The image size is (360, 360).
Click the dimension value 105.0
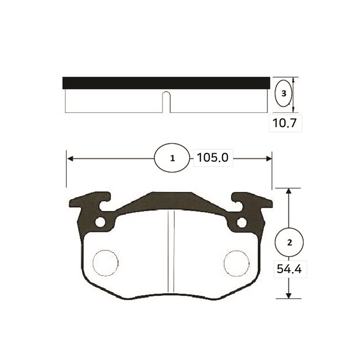[212, 158]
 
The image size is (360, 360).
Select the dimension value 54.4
[289, 269]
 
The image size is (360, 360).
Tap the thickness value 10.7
[285, 123]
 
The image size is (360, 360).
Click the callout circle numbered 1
[172, 158]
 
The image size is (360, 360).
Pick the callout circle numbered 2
[289, 242]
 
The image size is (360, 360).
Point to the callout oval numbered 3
[283, 93]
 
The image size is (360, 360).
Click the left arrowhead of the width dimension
[70, 158]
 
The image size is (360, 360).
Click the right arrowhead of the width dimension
[268, 158]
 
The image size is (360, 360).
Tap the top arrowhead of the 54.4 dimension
[289, 191]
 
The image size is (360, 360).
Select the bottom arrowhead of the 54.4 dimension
[289, 296]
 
